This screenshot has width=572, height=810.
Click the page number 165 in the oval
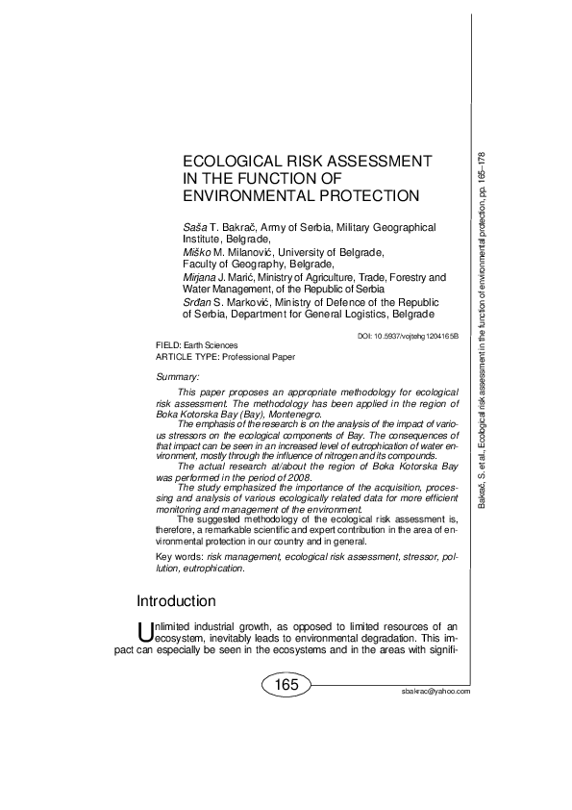tap(286, 685)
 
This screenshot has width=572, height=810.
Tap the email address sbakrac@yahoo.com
tap(437, 692)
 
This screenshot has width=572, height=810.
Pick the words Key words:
tap(178, 558)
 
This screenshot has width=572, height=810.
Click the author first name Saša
tap(193, 227)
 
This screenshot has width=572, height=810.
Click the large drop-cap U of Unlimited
tap(146, 632)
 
